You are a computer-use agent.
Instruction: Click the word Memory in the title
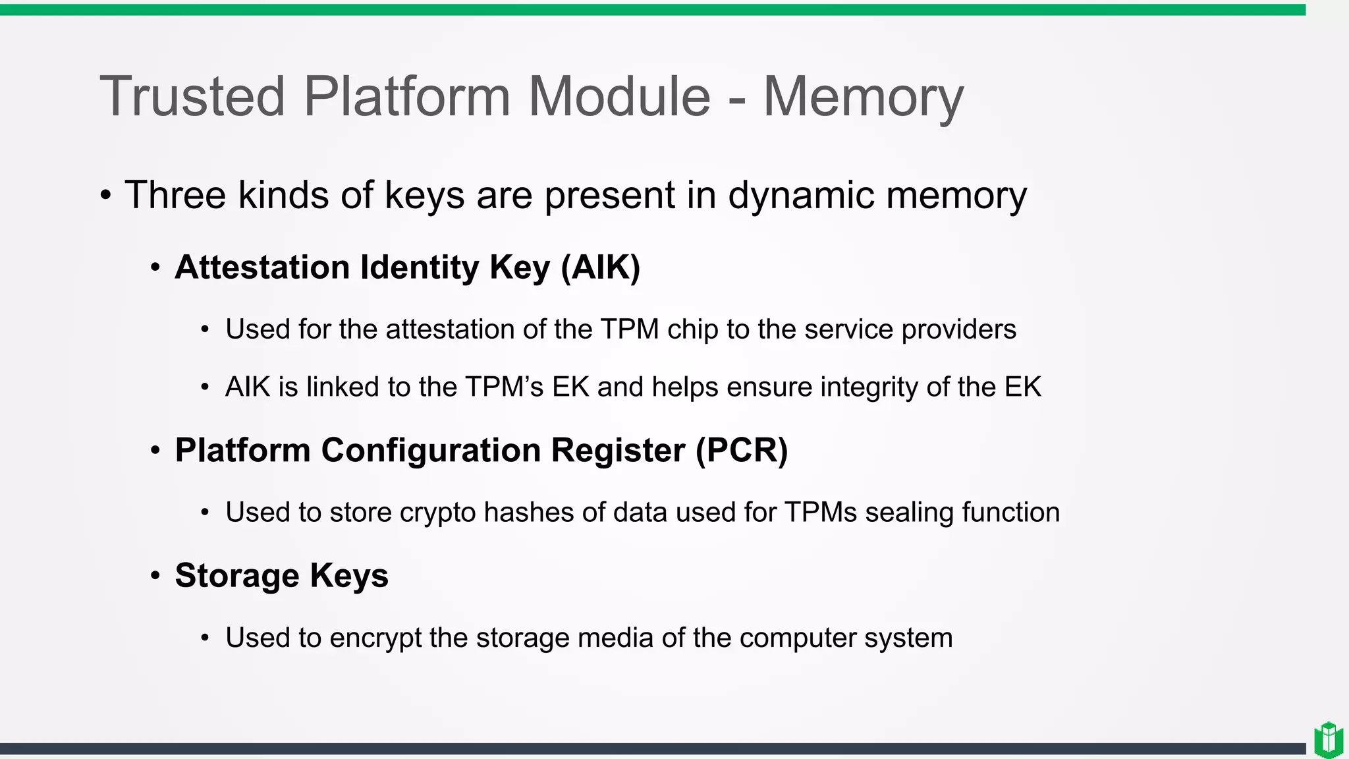click(x=863, y=98)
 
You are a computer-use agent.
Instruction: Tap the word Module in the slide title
click(x=619, y=98)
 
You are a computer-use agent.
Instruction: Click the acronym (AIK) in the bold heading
click(x=600, y=267)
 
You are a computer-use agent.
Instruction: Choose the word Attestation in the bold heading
click(x=262, y=267)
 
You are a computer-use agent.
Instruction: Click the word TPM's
click(x=504, y=387)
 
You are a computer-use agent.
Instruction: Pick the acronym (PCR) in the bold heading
click(x=742, y=451)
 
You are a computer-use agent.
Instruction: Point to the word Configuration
click(x=431, y=451)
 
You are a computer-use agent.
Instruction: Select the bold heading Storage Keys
click(x=281, y=576)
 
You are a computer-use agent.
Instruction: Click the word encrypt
click(x=375, y=638)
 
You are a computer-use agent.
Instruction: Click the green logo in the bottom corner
click(x=1329, y=741)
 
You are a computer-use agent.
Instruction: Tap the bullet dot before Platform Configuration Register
click(x=155, y=451)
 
